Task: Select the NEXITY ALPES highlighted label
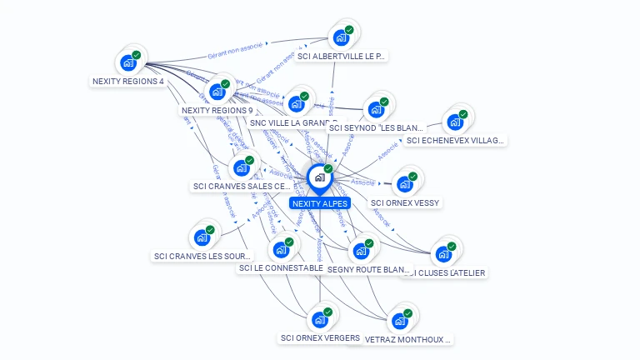click(319, 203)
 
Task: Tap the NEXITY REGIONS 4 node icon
click(128, 62)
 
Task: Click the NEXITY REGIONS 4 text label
click(127, 82)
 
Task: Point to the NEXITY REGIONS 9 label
click(217, 110)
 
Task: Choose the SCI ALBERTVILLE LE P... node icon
click(341, 37)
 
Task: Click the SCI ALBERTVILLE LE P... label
click(342, 57)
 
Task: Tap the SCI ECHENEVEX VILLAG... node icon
click(455, 122)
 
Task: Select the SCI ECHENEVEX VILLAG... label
click(455, 141)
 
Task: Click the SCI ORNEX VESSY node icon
click(405, 183)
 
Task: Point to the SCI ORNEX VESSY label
click(405, 202)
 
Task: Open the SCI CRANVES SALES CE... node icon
click(242, 167)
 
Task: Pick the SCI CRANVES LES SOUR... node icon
click(202, 237)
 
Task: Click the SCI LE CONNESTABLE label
click(280, 268)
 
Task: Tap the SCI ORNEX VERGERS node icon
click(320, 319)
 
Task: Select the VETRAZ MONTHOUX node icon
click(401, 321)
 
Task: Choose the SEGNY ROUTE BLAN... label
click(368, 270)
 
